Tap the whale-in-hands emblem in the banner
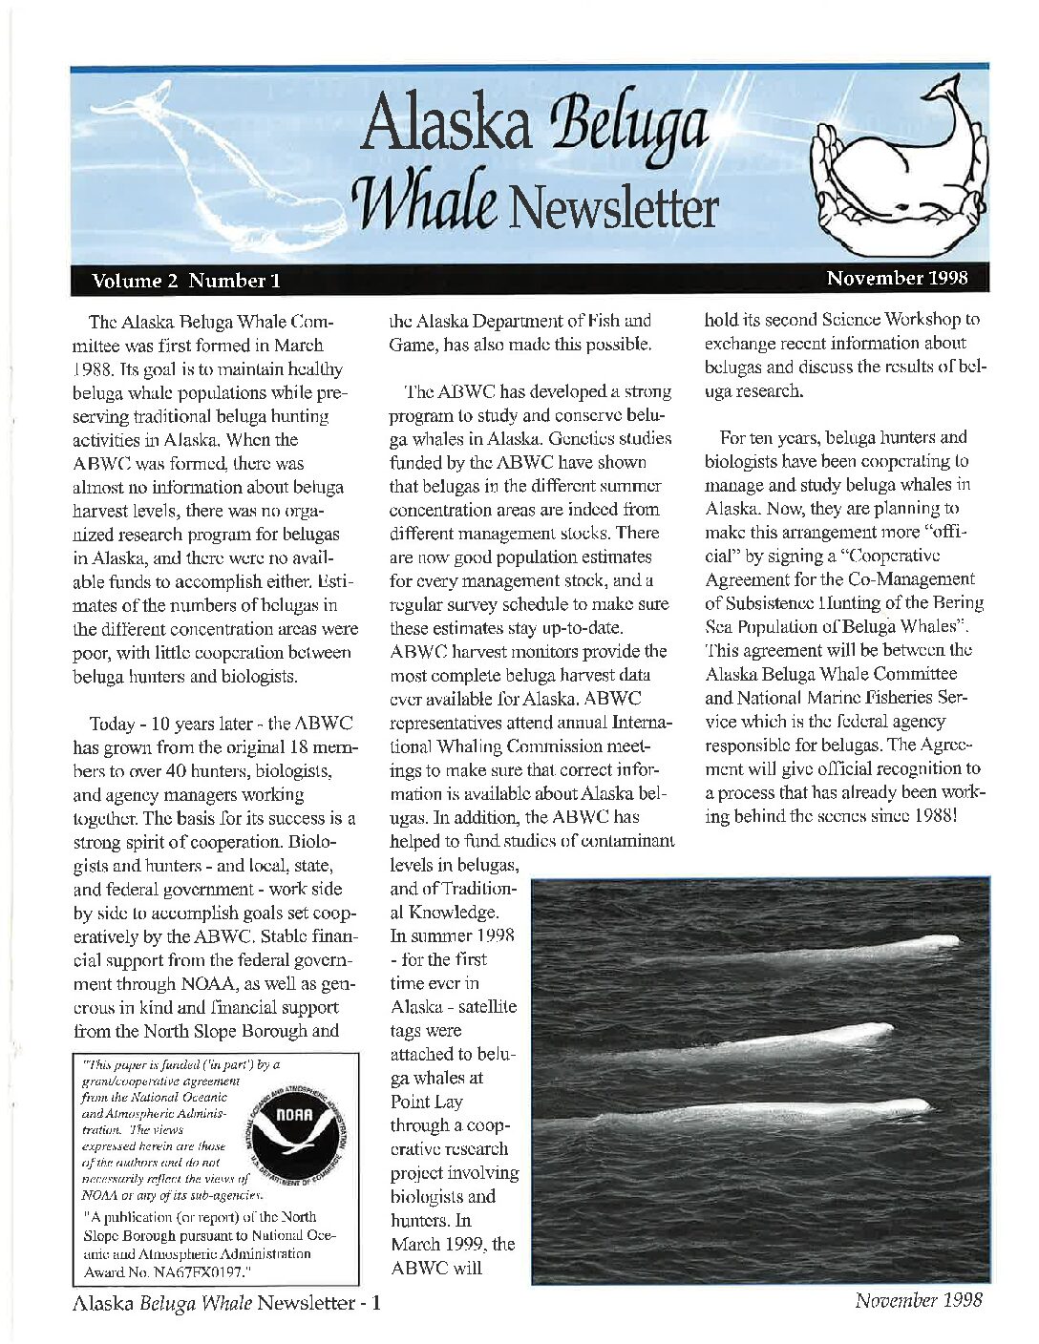coord(899,167)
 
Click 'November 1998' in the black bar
coord(897,279)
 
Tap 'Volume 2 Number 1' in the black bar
coord(186,281)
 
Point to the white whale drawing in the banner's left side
coord(220,162)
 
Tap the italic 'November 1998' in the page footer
coord(918,1300)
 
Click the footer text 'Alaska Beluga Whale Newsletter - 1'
coord(227,1303)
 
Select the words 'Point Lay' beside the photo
coord(427,1102)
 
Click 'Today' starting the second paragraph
coord(117,724)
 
